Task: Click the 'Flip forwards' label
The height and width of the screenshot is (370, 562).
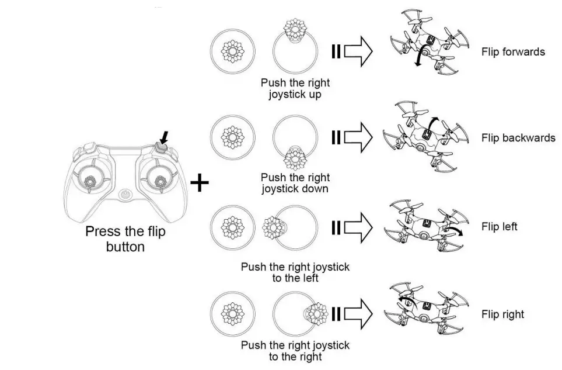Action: click(513, 52)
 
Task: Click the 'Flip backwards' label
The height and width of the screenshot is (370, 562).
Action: click(518, 139)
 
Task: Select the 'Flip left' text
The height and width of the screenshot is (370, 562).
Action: click(499, 226)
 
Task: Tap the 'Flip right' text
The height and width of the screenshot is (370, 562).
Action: click(502, 314)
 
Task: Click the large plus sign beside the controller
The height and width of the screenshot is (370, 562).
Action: click(200, 183)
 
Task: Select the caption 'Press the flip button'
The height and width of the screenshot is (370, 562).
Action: click(125, 239)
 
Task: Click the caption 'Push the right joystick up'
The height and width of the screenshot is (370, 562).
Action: click(295, 89)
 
